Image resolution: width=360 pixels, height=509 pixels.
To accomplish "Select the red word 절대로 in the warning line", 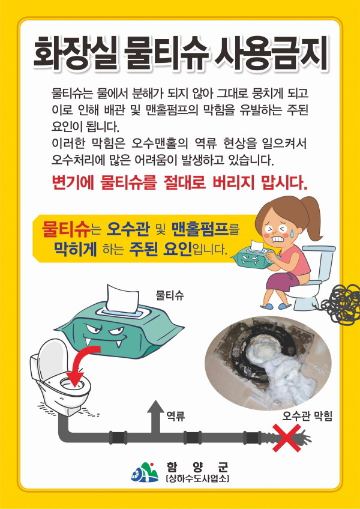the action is click(x=183, y=184).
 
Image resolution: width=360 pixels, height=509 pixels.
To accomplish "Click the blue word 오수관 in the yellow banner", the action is click(x=128, y=229).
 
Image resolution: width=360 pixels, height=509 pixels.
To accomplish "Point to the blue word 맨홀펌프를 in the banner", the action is click(x=205, y=229).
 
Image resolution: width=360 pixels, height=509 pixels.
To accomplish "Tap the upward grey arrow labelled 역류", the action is click(x=155, y=417).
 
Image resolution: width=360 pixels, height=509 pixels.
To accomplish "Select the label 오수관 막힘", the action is click(x=307, y=417).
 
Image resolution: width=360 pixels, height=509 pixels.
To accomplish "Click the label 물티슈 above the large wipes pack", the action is click(x=170, y=295).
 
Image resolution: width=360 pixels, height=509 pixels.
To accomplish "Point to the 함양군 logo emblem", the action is click(x=145, y=473).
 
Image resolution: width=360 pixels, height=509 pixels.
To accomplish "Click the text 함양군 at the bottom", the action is click(x=197, y=468).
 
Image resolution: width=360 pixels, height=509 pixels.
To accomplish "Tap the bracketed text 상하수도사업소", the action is click(x=197, y=479).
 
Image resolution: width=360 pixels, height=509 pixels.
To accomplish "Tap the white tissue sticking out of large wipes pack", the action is click(x=123, y=300).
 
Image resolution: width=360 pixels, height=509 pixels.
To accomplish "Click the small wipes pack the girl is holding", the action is click(x=251, y=258).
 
